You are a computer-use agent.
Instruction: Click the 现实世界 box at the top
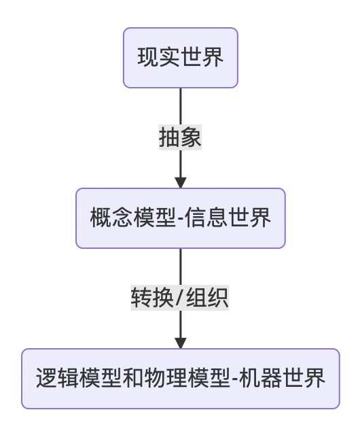(x=180, y=58)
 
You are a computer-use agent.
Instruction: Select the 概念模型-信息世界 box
(x=180, y=218)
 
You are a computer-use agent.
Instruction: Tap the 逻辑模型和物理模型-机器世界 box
(x=180, y=379)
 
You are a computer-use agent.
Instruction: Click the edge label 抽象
(x=180, y=138)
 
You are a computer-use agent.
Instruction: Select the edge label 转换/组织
(x=180, y=298)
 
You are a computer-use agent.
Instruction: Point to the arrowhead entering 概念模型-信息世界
(x=180, y=182)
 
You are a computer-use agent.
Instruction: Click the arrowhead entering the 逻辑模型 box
(x=180, y=343)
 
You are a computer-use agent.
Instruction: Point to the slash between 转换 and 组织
(x=180, y=298)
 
